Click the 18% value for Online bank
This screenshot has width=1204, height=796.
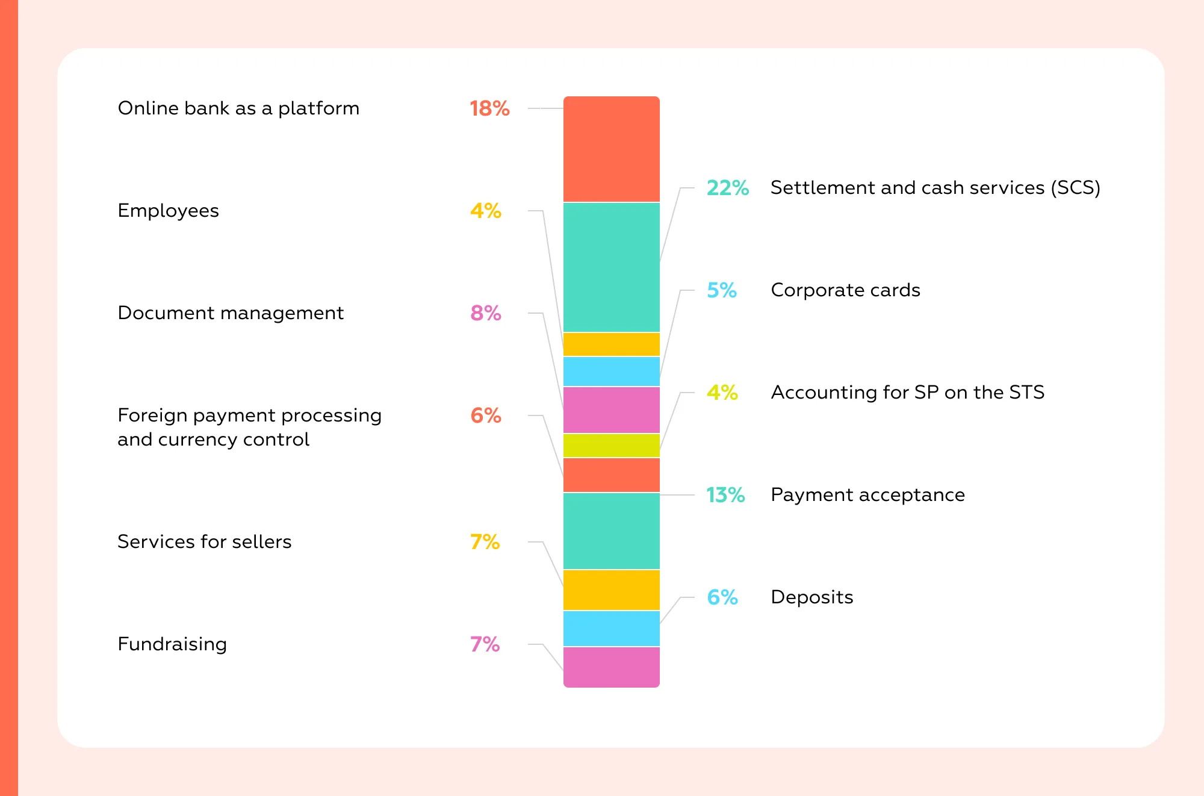(x=489, y=108)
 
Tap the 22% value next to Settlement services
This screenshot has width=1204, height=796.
(x=727, y=188)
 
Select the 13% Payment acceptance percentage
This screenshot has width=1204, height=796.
(x=725, y=495)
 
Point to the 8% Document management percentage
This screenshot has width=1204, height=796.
(x=486, y=313)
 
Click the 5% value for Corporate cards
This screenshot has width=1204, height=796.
(x=722, y=290)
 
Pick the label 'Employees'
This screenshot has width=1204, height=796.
(x=168, y=211)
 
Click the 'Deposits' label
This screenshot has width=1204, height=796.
(x=811, y=597)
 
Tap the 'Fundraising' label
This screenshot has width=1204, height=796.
(x=172, y=644)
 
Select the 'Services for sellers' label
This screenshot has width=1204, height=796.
(x=204, y=542)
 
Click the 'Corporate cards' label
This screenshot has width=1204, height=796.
(x=845, y=290)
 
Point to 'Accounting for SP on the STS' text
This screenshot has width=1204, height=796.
(x=907, y=393)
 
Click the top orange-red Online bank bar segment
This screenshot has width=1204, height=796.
(x=611, y=149)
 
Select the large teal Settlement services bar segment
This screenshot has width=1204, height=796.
(x=611, y=267)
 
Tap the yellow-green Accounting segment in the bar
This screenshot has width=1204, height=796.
(x=611, y=446)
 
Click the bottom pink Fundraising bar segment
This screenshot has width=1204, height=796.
(x=611, y=667)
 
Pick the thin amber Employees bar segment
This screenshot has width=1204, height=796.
(x=611, y=344)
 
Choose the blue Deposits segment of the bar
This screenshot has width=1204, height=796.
(x=611, y=629)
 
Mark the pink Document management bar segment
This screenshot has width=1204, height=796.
(x=611, y=410)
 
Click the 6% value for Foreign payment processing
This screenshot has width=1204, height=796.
(x=486, y=415)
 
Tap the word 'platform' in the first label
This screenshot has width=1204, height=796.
(x=318, y=108)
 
